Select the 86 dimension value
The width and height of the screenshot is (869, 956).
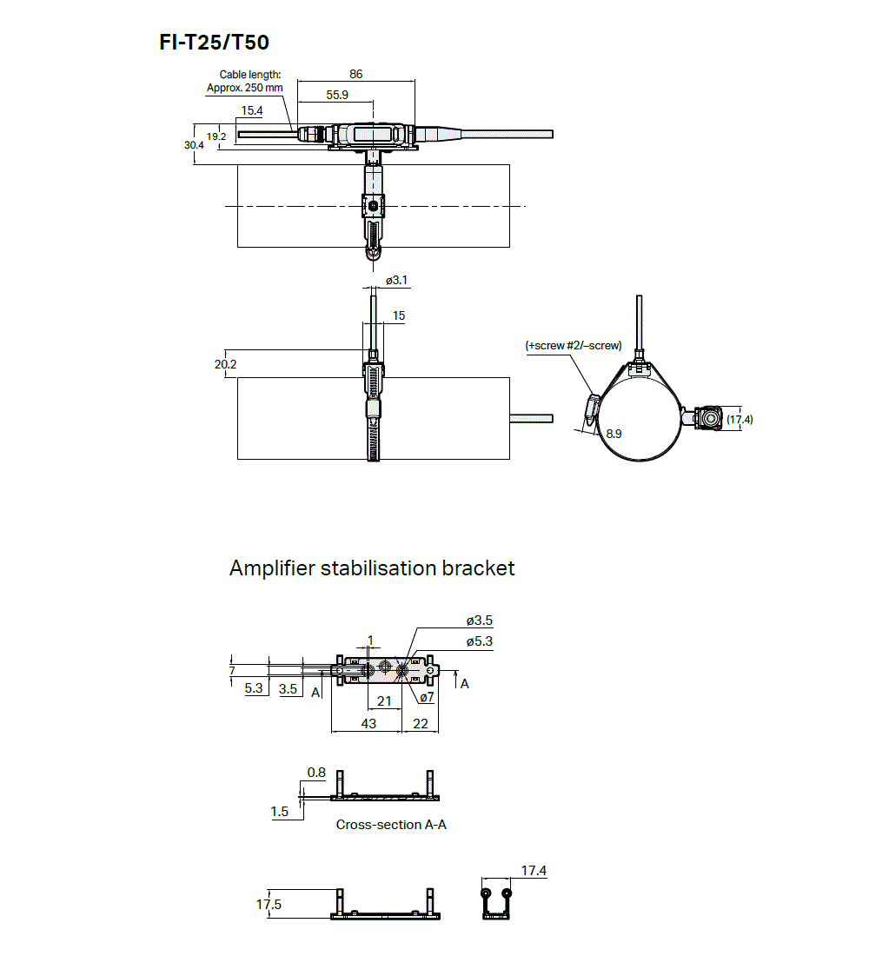point(355,75)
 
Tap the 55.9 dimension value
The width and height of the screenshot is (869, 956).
point(337,95)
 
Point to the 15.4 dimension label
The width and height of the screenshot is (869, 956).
point(252,110)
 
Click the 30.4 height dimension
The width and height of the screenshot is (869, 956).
point(194,145)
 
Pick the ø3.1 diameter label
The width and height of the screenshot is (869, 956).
point(396,280)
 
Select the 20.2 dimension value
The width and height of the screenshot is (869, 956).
point(225,364)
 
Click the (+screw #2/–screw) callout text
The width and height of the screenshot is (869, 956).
point(574,345)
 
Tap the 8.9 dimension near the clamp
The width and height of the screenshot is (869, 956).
point(614,433)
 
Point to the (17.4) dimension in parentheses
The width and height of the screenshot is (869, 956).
point(740,419)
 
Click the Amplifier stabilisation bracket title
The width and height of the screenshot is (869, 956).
point(372,568)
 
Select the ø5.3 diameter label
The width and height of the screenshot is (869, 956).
point(480,641)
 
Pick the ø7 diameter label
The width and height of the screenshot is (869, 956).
point(427,697)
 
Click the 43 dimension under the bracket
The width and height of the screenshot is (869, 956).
point(368,723)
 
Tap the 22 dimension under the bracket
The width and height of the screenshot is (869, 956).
point(420,723)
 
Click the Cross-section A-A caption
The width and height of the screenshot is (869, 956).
point(391,824)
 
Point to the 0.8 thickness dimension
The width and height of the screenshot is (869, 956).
point(316,772)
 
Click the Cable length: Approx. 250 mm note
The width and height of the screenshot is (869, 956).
point(244,82)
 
